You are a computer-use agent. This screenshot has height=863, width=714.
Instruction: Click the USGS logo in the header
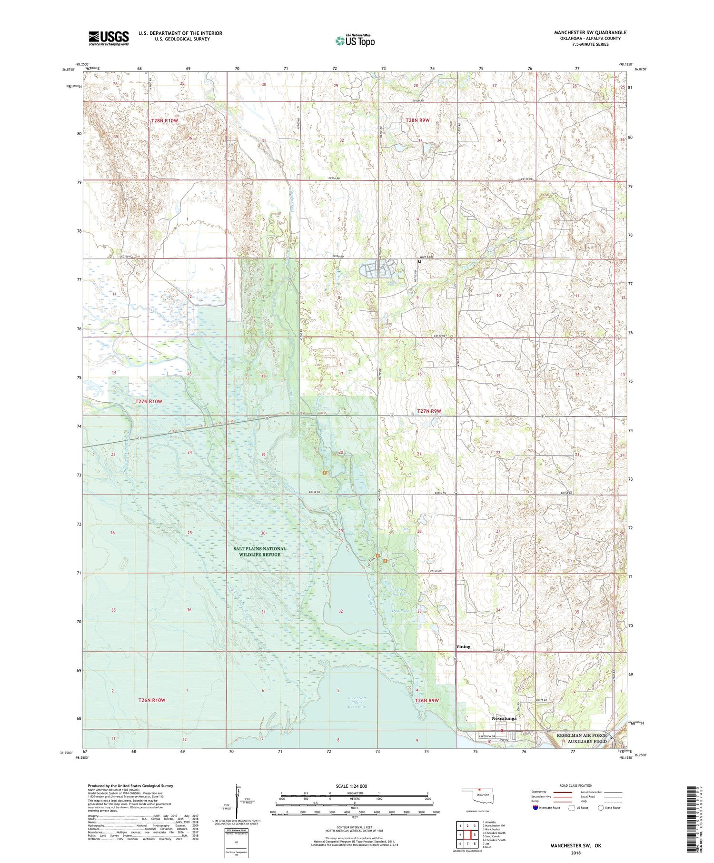(x=109, y=38)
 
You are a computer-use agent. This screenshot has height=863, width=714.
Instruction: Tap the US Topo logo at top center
(x=355, y=41)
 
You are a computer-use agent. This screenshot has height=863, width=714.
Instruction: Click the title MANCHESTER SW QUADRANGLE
(x=590, y=32)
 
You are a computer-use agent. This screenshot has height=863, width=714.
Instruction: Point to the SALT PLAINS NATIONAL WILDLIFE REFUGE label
(x=259, y=551)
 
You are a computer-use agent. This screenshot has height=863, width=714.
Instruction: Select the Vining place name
(x=463, y=646)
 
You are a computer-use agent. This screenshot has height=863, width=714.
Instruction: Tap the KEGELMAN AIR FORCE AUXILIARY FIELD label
(x=582, y=738)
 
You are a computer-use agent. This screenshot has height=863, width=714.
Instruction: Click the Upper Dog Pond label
(x=400, y=592)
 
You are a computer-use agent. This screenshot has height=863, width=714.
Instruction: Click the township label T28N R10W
(x=164, y=120)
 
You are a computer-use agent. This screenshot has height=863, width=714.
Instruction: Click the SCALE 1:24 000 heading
(x=351, y=786)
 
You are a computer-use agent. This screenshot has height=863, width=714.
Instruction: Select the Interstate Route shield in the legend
(x=536, y=808)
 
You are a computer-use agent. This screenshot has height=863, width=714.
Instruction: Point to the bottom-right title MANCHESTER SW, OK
(x=575, y=845)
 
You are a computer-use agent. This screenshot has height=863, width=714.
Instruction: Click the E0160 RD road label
(x=436, y=571)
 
